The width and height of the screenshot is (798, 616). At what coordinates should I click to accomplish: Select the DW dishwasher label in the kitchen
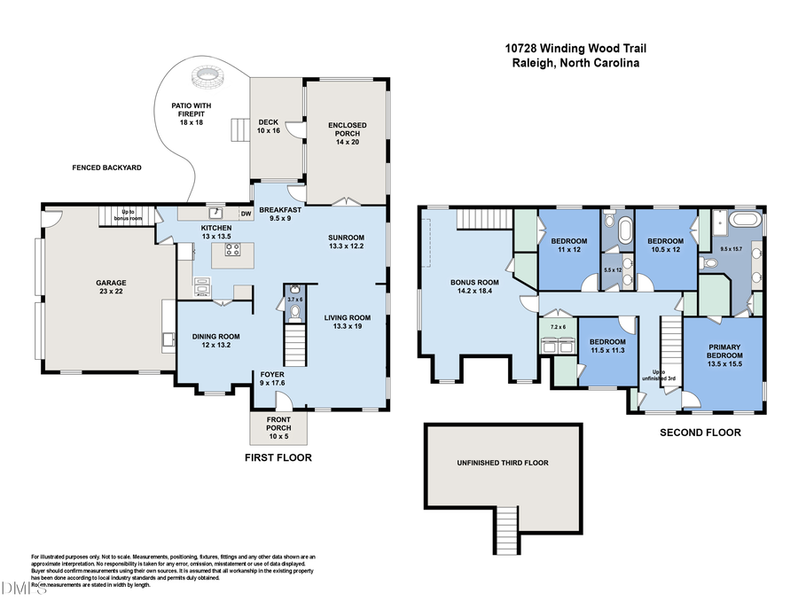[x=246, y=213]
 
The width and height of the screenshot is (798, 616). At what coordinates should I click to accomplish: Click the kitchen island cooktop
[x=233, y=250]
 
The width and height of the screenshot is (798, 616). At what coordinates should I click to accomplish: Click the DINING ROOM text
[x=216, y=340]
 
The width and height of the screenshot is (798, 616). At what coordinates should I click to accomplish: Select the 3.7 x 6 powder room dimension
[x=295, y=300]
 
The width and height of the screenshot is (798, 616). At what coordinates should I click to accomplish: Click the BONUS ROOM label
[x=474, y=287]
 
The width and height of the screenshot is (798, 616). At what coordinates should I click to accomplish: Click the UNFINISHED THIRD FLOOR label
[x=503, y=463]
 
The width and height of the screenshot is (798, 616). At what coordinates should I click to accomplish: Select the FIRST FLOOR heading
[x=278, y=457]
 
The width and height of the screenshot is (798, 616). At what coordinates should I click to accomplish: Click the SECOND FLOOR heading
[x=700, y=433]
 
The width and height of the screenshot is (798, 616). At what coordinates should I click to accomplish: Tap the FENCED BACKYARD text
[x=107, y=168]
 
